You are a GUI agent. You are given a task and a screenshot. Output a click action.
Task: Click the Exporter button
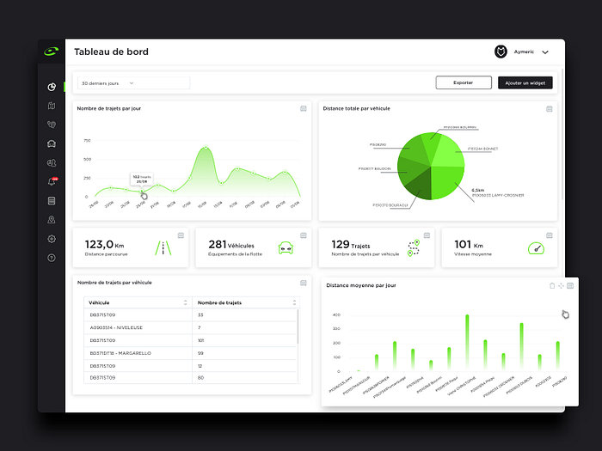[x=464, y=82]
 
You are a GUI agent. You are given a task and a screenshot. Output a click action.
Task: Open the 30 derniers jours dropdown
[x=133, y=83]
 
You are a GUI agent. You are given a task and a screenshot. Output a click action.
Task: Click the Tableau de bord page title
[x=111, y=52]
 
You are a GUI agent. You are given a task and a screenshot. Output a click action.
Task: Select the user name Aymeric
[x=524, y=52]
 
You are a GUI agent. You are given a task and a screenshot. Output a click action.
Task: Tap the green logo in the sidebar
[x=52, y=52]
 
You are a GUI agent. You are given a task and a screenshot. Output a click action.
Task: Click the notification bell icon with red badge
[x=52, y=181]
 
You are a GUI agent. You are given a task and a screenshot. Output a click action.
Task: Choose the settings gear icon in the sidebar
[x=52, y=239]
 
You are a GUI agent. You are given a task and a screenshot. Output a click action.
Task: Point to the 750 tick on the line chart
[x=86, y=140]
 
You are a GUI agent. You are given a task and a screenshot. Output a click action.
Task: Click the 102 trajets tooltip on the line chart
[x=142, y=179]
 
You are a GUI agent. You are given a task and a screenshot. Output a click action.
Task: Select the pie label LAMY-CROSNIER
[x=498, y=195]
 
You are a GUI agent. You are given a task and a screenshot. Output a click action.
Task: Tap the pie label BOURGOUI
[x=390, y=205]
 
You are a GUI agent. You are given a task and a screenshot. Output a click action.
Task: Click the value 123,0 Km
[x=105, y=244]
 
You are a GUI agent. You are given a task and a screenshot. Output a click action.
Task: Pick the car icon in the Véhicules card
[x=286, y=248]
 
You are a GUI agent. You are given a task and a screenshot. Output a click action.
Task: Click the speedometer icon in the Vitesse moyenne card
[x=536, y=248]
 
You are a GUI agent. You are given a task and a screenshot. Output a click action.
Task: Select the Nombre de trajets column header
[x=219, y=302]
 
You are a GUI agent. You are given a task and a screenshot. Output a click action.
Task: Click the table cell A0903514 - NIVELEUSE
[x=120, y=327]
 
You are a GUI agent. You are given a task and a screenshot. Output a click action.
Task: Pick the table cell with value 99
[x=200, y=353]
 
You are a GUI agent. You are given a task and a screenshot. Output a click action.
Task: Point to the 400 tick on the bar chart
[x=337, y=315]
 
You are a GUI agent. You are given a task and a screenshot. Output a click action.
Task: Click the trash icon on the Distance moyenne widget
[x=551, y=285]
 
